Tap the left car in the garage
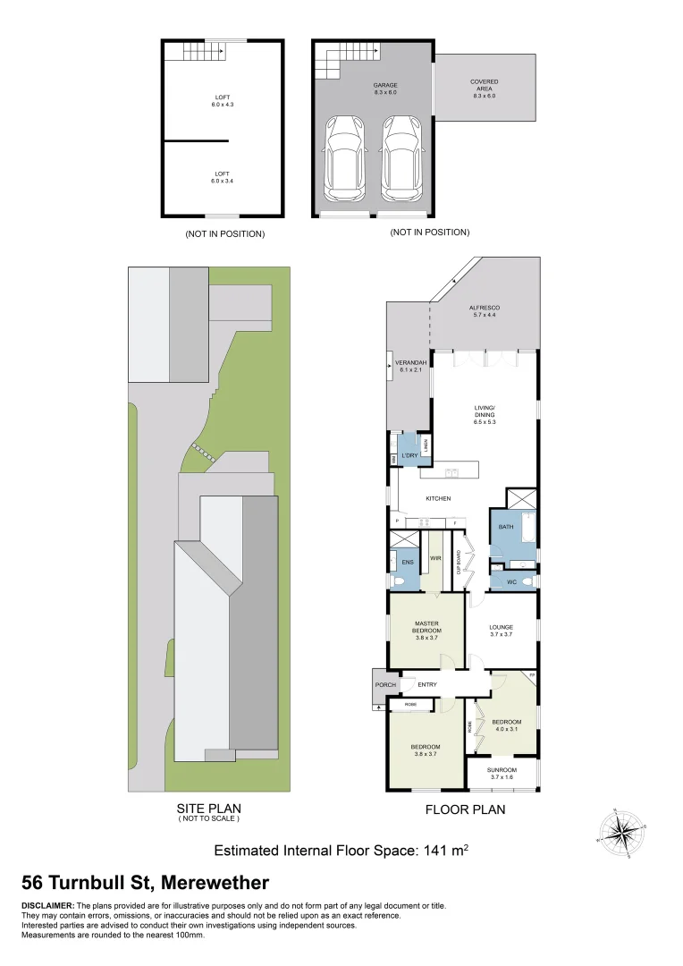(344, 158)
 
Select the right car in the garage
(401, 158)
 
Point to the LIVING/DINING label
(485, 414)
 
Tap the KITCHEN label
(438, 498)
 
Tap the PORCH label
(385, 685)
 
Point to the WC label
(511, 582)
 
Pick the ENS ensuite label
(407, 562)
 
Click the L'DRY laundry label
(410, 456)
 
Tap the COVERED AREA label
(485, 86)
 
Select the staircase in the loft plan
(205, 53)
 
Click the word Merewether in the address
(215, 884)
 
